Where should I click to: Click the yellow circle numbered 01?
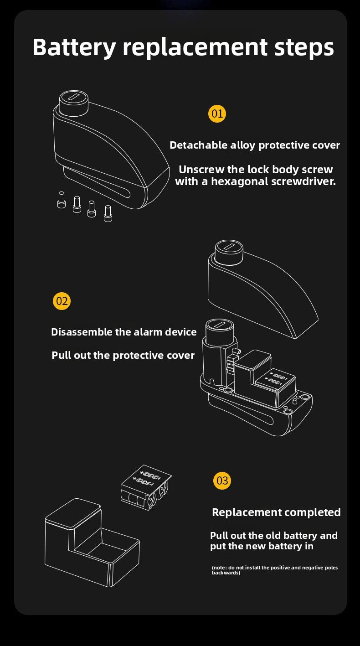coord(217,113)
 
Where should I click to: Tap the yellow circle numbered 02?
coord(62,301)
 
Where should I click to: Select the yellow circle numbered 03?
coord(222,481)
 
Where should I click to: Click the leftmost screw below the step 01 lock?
coord(62,200)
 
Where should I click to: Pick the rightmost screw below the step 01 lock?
coord(108,213)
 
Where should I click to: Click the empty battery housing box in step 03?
coord(91,543)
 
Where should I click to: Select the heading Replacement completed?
coord(276,512)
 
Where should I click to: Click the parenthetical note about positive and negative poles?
coord(275,570)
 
